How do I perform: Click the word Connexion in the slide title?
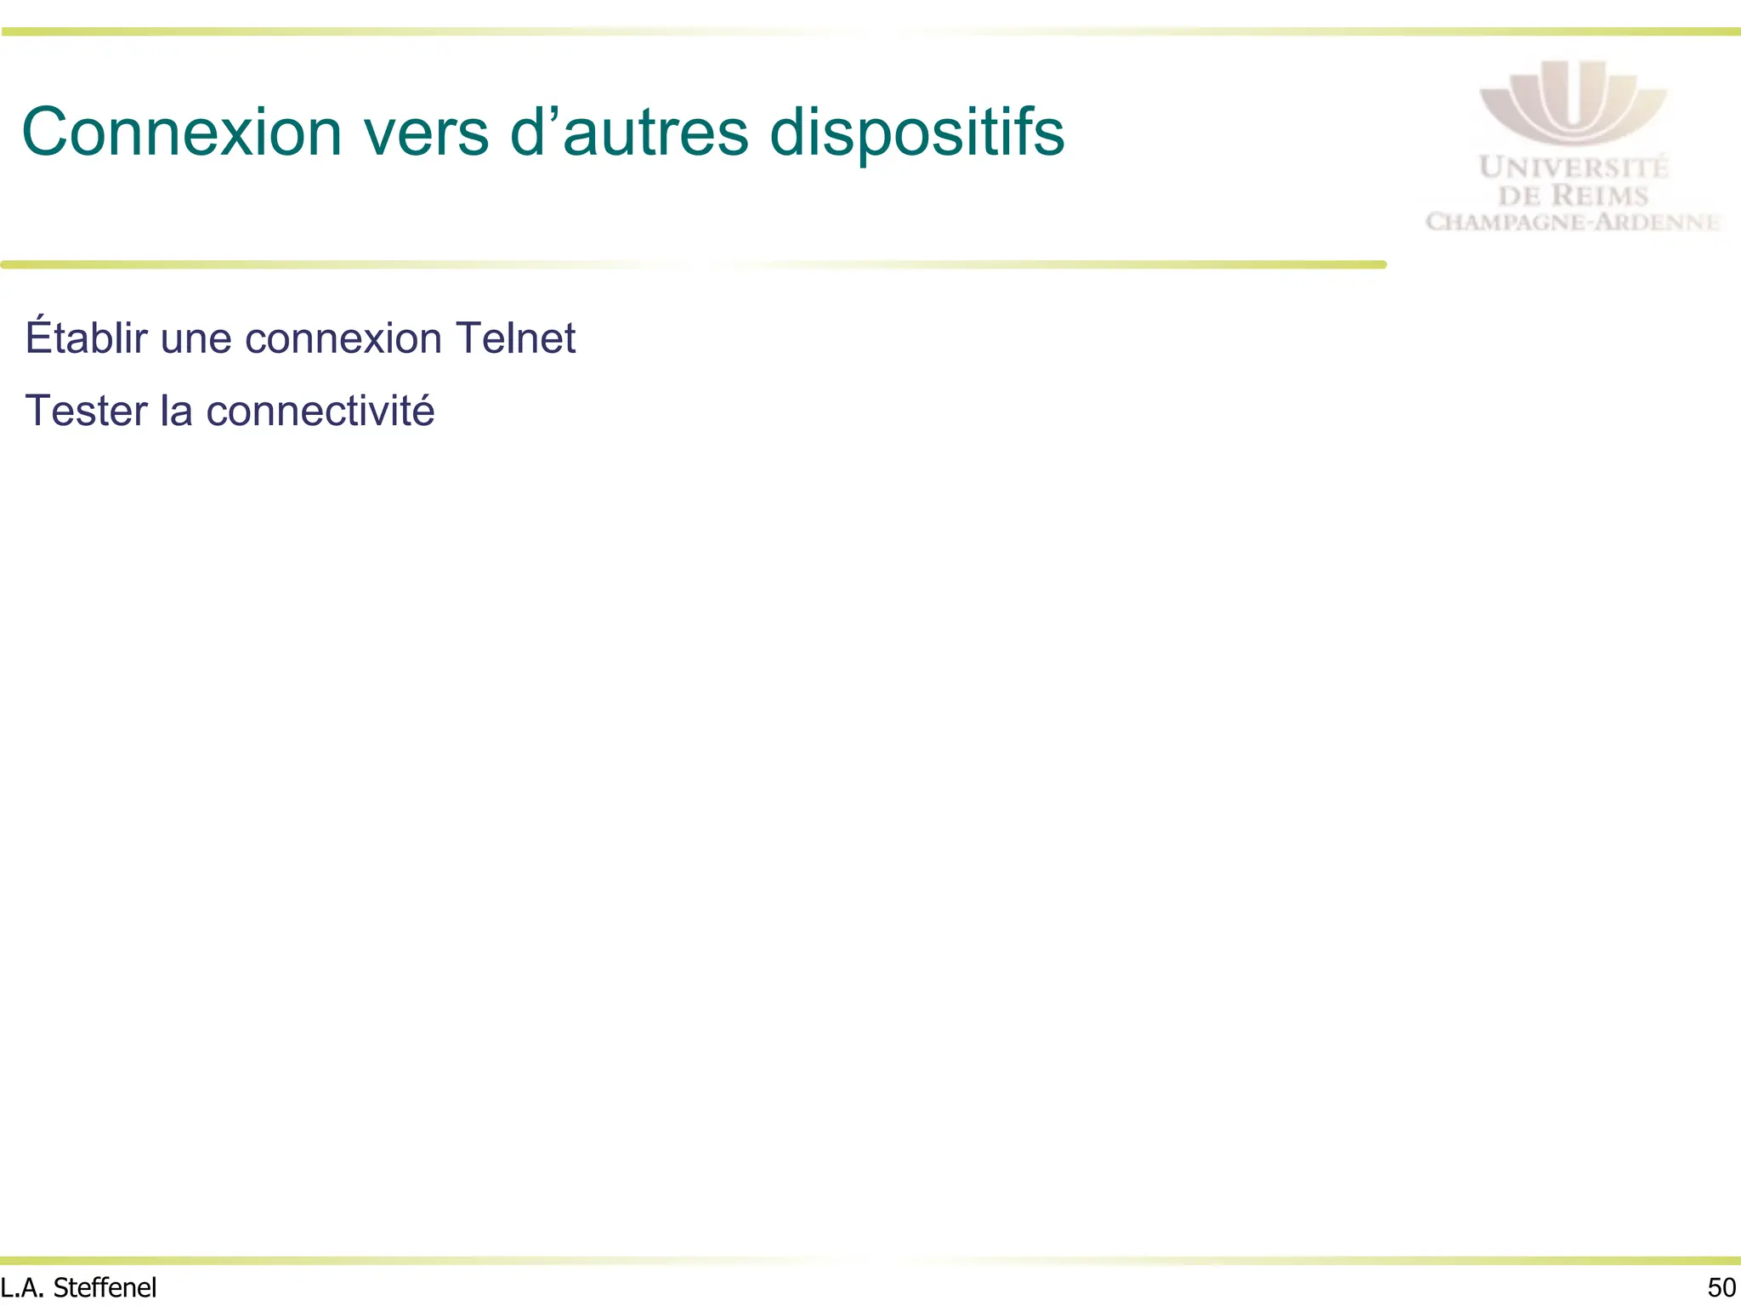point(181,133)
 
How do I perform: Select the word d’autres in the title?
point(629,133)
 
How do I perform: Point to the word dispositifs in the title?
point(916,133)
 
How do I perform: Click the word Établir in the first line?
point(86,338)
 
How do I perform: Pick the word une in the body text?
point(196,339)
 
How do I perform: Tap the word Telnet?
point(516,338)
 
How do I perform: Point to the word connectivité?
point(320,411)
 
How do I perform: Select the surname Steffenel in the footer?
point(105,1288)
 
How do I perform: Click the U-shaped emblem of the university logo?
point(1573,102)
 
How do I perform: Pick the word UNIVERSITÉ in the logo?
point(1574,168)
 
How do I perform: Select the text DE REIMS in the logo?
point(1573,196)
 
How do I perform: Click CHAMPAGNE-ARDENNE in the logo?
point(1573,223)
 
